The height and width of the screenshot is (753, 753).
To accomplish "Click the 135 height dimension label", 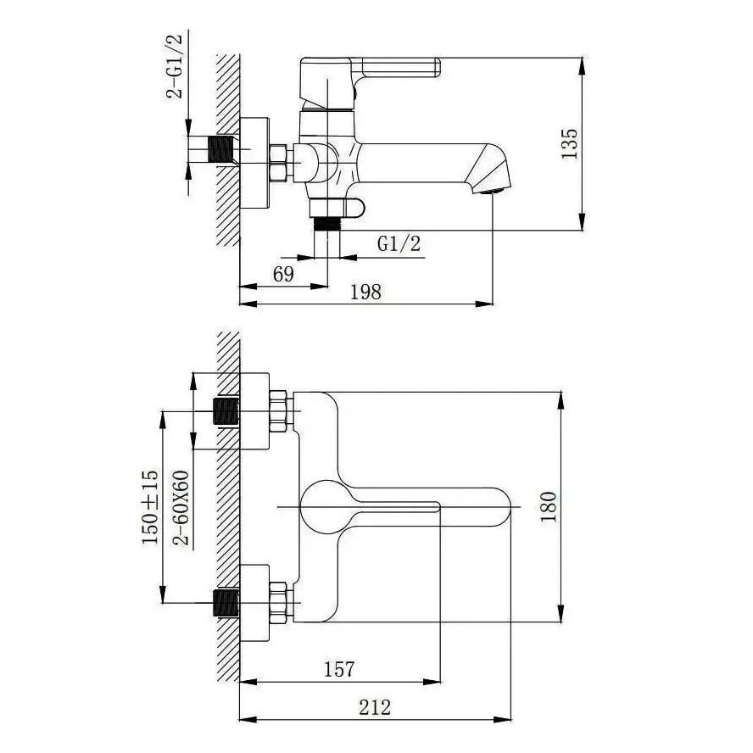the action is pyautogui.click(x=570, y=143).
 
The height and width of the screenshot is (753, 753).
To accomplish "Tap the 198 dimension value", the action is pyautogui.click(x=365, y=292).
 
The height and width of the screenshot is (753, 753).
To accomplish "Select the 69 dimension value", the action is pyautogui.click(x=283, y=274).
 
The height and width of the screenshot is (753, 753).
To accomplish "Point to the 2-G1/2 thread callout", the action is pyautogui.click(x=175, y=66).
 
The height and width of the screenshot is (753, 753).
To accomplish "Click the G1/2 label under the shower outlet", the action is pyautogui.click(x=399, y=244).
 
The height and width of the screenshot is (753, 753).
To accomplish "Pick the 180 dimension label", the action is pyautogui.click(x=549, y=506).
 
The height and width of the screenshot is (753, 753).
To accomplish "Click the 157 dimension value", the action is pyautogui.click(x=339, y=669).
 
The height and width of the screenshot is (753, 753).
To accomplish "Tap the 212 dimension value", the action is pyautogui.click(x=375, y=707).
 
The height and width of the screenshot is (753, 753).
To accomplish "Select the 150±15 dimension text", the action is pyautogui.click(x=150, y=507).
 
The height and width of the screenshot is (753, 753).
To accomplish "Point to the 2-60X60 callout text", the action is pyautogui.click(x=181, y=508).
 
